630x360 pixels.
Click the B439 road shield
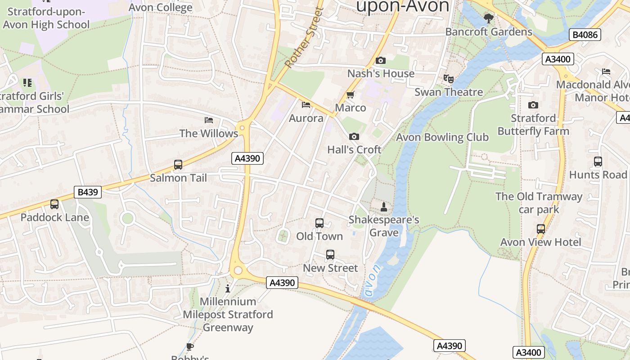tap(88, 192)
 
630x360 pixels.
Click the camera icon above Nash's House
tap(380, 60)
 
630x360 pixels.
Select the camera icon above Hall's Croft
tap(354, 136)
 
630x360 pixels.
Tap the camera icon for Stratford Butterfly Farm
tap(533, 105)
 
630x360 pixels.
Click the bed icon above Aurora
tap(306, 105)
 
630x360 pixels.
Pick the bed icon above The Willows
tap(209, 120)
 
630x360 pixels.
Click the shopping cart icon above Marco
tap(351, 94)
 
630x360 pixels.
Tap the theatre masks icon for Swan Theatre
tap(449, 79)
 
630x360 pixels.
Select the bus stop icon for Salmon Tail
tap(178, 165)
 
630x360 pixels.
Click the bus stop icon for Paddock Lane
tap(54, 204)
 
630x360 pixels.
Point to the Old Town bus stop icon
tap(319, 223)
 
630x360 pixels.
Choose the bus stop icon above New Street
tap(330, 255)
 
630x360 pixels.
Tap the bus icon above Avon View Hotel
tap(541, 229)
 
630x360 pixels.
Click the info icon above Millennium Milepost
tap(228, 288)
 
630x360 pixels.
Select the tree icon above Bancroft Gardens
tap(488, 18)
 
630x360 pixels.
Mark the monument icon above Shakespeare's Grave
tap(384, 207)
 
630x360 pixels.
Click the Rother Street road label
tap(304, 38)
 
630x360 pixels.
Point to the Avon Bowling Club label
tap(442, 137)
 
